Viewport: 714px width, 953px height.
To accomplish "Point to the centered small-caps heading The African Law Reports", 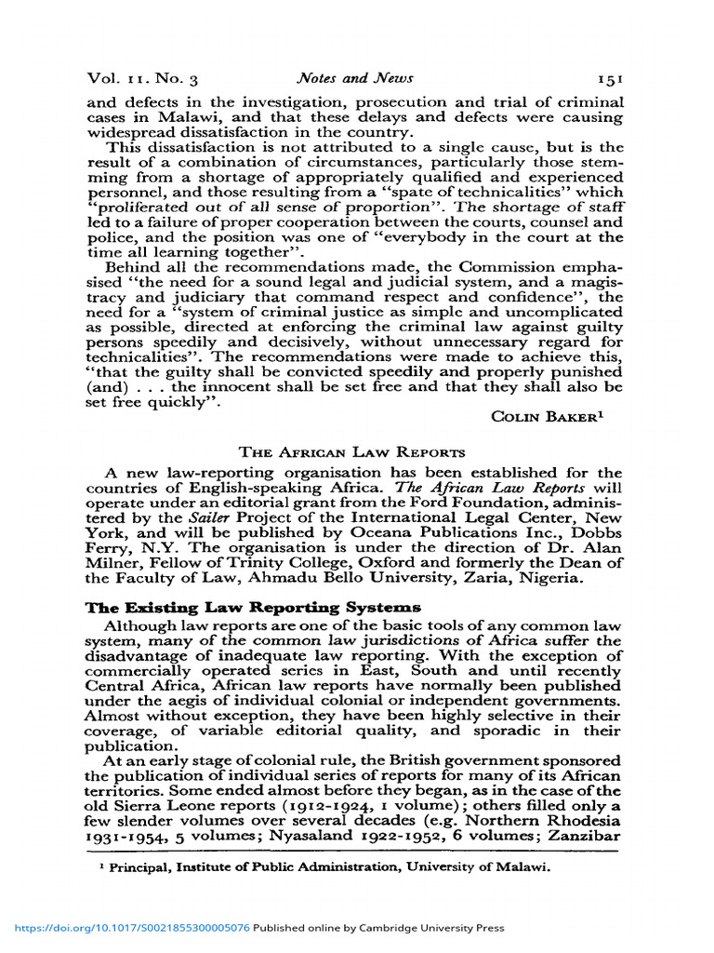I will click(x=352, y=452).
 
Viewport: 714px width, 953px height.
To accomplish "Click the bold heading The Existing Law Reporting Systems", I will click(x=253, y=607).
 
